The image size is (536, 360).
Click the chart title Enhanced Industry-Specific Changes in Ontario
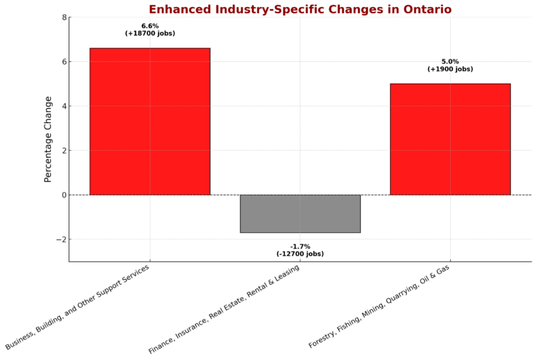(300, 9)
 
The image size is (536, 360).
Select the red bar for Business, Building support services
(150, 121)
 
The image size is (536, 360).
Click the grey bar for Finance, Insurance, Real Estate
(300, 213)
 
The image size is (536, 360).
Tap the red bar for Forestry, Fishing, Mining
(450, 139)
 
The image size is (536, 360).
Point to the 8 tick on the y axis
(64, 17)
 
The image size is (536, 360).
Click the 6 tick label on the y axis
(64, 61)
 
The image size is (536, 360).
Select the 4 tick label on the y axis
(64, 106)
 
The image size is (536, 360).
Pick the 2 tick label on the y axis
(64, 151)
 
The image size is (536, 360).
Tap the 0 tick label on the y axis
(64, 195)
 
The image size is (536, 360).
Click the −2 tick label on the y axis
(61, 239)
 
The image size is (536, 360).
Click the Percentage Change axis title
(48, 140)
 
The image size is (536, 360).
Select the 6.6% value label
(150, 26)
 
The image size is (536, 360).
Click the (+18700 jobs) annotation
(150, 33)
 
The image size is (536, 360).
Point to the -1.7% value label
(300, 246)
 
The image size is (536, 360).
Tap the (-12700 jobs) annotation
(300, 254)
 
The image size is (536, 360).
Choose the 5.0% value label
(450, 61)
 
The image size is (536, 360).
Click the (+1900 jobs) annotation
(450, 69)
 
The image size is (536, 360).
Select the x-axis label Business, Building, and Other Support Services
(78, 306)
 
